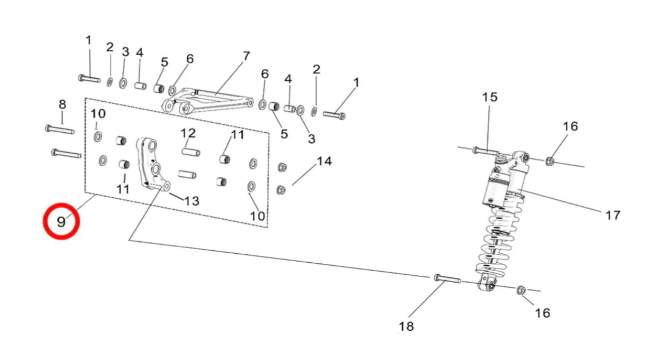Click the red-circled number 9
(x=62, y=221)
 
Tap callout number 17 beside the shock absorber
(x=612, y=215)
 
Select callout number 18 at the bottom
(x=406, y=326)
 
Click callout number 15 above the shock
(x=490, y=97)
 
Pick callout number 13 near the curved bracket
(x=192, y=201)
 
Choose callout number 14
(x=323, y=161)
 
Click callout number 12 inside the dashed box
(x=188, y=133)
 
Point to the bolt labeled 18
(x=448, y=279)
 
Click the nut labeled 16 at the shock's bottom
(x=521, y=290)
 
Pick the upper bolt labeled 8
(x=59, y=129)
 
